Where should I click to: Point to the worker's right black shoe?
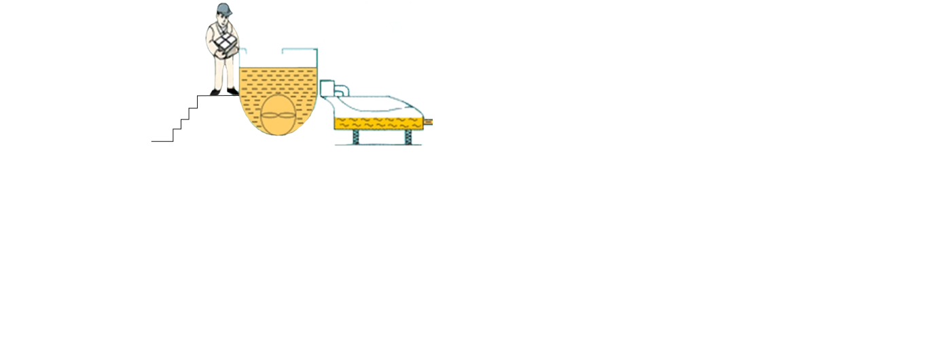(232, 90)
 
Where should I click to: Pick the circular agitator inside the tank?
(278, 116)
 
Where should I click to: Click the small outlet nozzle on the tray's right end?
(429, 122)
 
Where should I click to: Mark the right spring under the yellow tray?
(408, 137)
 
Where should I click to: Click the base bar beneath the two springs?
(378, 144)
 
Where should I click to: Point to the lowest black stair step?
(160, 141)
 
